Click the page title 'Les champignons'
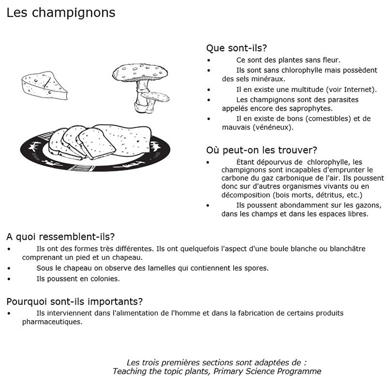point(61,13)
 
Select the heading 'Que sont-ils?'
point(236,48)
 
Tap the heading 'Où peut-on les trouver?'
point(261,150)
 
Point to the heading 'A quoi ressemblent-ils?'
point(60,236)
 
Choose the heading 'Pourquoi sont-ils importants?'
point(74,302)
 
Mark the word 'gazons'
point(367,205)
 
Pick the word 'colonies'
point(105,278)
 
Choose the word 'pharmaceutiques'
point(51,322)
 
